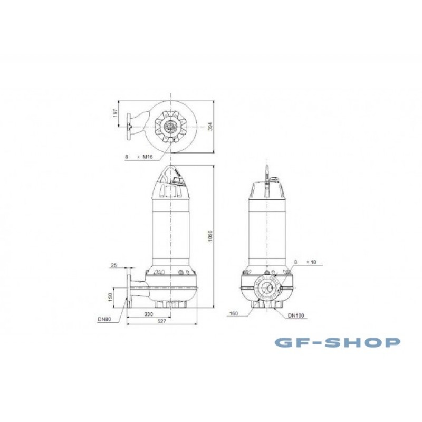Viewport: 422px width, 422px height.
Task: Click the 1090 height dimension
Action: point(210,236)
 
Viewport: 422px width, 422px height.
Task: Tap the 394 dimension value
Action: point(210,127)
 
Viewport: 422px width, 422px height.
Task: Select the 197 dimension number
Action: point(116,113)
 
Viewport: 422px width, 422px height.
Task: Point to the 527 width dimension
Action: point(162,321)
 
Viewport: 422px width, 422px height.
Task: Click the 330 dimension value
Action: point(149,314)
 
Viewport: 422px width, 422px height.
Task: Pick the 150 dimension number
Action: point(110,298)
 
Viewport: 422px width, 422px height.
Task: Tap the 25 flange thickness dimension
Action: point(114,265)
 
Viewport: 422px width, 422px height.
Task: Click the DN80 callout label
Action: point(104,320)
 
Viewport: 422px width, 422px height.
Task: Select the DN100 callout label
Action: point(296,315)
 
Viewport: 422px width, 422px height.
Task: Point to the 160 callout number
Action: point(234,313)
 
